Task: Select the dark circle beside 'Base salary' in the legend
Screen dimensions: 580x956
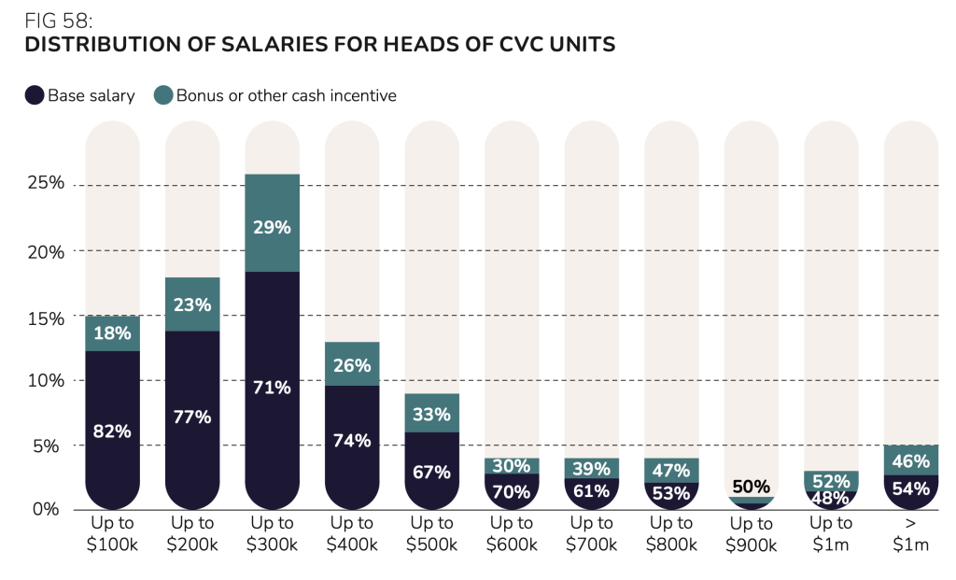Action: pos(35,95)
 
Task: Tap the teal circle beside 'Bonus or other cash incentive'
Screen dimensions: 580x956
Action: pos(162,95)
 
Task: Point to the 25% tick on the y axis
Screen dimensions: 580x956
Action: pos(44,183)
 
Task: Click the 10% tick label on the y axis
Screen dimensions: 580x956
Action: pos(44,381)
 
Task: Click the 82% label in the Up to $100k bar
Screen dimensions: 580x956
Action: pos(112,431)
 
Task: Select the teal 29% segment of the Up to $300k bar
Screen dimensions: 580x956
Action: pos(272,227)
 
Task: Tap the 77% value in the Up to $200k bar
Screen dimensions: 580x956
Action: pos(192,417)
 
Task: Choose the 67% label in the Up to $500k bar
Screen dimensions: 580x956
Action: pos(431,472)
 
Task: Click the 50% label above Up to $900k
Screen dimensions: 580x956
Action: pos(751,487)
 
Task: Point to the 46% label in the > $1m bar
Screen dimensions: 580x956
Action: pos(911,461)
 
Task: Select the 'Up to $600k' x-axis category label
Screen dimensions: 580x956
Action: pos(512,532)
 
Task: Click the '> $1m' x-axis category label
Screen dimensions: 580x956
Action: pos(911,532)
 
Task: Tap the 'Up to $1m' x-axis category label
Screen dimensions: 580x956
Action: pos(831,532)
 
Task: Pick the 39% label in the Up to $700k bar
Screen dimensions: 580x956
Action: pos(591,469)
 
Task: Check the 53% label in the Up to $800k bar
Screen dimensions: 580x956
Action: pos(671,492)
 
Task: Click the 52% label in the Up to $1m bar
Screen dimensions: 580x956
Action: pos(831,481)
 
